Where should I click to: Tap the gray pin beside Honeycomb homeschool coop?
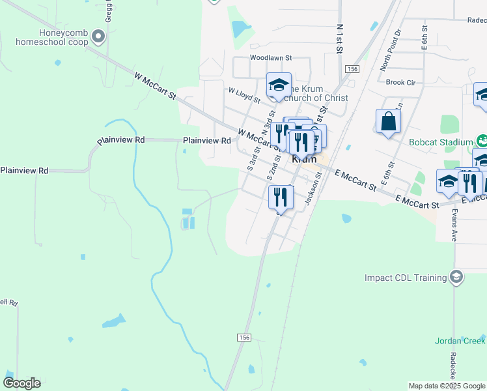click(x=98, y=36)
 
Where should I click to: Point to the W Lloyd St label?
click(x=244, y=96)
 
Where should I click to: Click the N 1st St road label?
click(x=340, y=40)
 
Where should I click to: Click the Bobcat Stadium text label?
click(x=441, y=142)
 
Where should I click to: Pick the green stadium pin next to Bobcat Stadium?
click(x=482, y=140)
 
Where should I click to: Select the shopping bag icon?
click(x=388, y=122)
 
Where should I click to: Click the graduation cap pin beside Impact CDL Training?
click(x=456, y=278)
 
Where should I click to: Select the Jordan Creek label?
click(x=460, y=341)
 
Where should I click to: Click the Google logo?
click(x=21, y=383)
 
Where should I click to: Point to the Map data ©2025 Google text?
click(x=446, y=386)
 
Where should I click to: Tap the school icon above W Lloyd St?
click(x=278, y=85)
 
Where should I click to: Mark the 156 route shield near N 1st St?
click(x=352, y=69)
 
